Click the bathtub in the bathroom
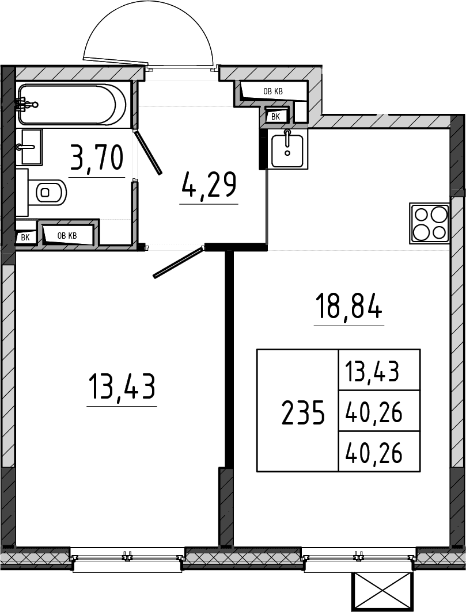click(x=73, y=105)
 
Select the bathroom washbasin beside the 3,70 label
click(x=30, y=147)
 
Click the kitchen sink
click(x=287, y=149)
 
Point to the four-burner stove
click(x=429, y=223)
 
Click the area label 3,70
click(x=97, y=157)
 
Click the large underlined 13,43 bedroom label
click(x=122, y=386)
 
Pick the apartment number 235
click(x=303, y=412)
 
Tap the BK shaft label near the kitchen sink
click(x=275, y=116)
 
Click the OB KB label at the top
click(x=273, y=91)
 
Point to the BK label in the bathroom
click(x=25, y=238)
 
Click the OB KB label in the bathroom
click(x=67, y=236)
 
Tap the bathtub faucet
click(x=26, y=104)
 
